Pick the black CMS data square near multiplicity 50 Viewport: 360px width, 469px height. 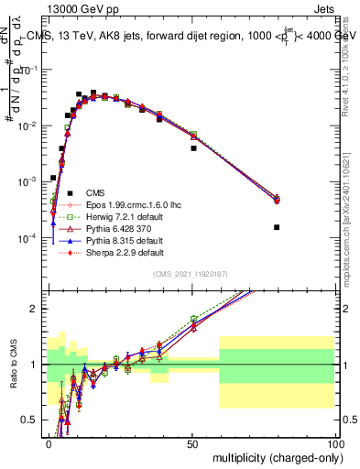point(193,147)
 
